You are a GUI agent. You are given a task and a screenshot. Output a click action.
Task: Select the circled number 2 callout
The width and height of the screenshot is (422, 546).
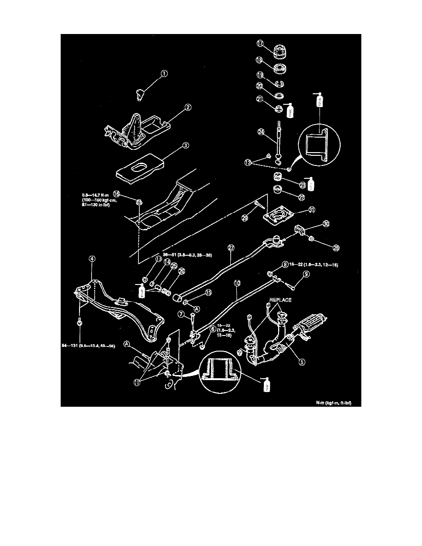pyautogui.click(x=188, y=108)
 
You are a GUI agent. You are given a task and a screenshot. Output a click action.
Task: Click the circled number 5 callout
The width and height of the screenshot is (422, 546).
pyautogui.click(x=302, y=362)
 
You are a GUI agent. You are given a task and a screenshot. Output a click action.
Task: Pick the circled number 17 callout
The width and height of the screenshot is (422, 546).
pyautogui.click(x=260, y=44)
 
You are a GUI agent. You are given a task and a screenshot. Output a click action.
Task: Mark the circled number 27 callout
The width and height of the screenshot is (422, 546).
pyautogui.click(x=231, y=247)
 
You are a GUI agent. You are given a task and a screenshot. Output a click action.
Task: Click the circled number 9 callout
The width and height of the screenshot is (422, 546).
pyautogui.click(x=306, y=275)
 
